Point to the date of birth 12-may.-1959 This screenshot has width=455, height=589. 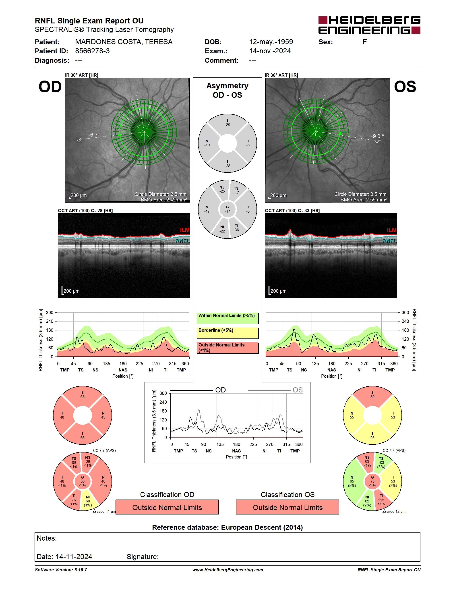(271, 42)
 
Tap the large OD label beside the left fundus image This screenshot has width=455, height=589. (50, 87)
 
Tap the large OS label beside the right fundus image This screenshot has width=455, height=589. (405, 87)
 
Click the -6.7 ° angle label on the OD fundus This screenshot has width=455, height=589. (95, 135)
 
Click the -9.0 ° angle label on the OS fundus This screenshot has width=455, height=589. (377, 136)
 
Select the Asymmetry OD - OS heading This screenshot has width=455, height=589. (227, 90)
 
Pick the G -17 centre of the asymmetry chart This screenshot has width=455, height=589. (227, 209)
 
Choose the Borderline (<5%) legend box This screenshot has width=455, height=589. (227, 333)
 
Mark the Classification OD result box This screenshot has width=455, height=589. (167, 507)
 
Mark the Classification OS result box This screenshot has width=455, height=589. (288, 507)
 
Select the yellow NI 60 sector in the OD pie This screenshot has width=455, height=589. (88, 501)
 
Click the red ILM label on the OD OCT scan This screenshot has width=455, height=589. (185, 230)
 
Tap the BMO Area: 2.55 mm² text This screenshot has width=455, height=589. (363, 200)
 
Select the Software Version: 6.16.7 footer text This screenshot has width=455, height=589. (61, 570)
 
